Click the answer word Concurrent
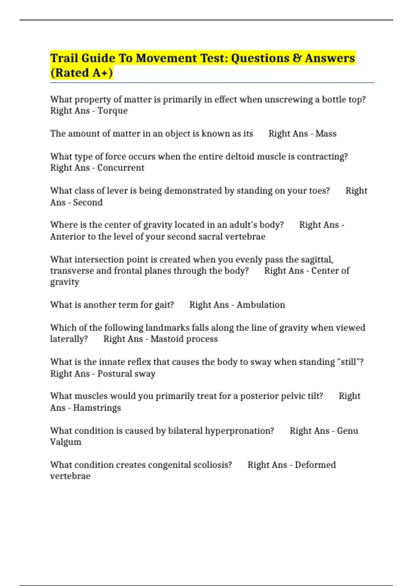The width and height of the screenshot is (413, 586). (121, 168)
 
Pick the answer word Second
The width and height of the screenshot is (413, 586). (88, 202)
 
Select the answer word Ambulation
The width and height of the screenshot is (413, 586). (261, 305)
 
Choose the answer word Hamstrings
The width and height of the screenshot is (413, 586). (97, 408)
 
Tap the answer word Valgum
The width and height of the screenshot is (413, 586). (66, 442)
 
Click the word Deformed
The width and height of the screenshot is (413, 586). (315, 465)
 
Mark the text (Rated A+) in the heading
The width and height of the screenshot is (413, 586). (82, 73)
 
